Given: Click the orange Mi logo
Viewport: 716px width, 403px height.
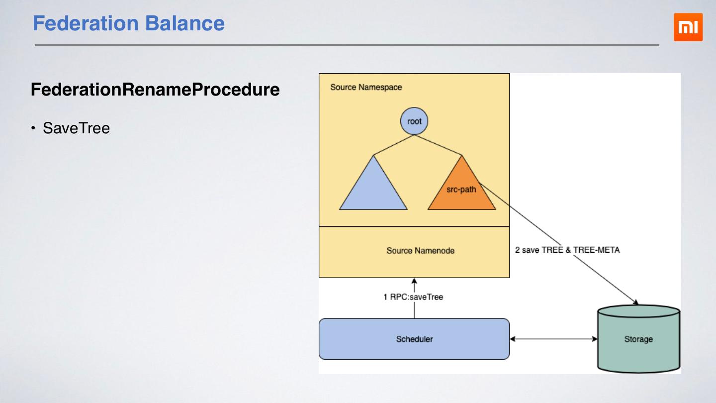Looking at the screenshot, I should [688, 27].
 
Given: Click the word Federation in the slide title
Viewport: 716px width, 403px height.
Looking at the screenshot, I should [85, 23].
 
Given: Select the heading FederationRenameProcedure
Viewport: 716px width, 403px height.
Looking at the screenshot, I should [155, 90].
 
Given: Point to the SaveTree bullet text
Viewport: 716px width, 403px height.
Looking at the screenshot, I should [76, 128].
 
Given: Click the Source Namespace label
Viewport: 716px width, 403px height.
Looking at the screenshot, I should [366, 88].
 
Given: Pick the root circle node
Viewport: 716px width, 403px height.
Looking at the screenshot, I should [414, 121].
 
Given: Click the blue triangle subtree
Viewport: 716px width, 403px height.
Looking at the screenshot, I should [373, 189].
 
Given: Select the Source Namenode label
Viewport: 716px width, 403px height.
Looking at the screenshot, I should [420, 251].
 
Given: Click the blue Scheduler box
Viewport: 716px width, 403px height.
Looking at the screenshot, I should [414, 339].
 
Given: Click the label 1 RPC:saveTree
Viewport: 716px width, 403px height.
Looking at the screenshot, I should [413, 297].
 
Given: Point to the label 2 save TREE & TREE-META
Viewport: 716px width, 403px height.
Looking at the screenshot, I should [567, 250].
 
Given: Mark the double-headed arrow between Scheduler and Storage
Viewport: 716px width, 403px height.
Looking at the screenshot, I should [553, 339].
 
